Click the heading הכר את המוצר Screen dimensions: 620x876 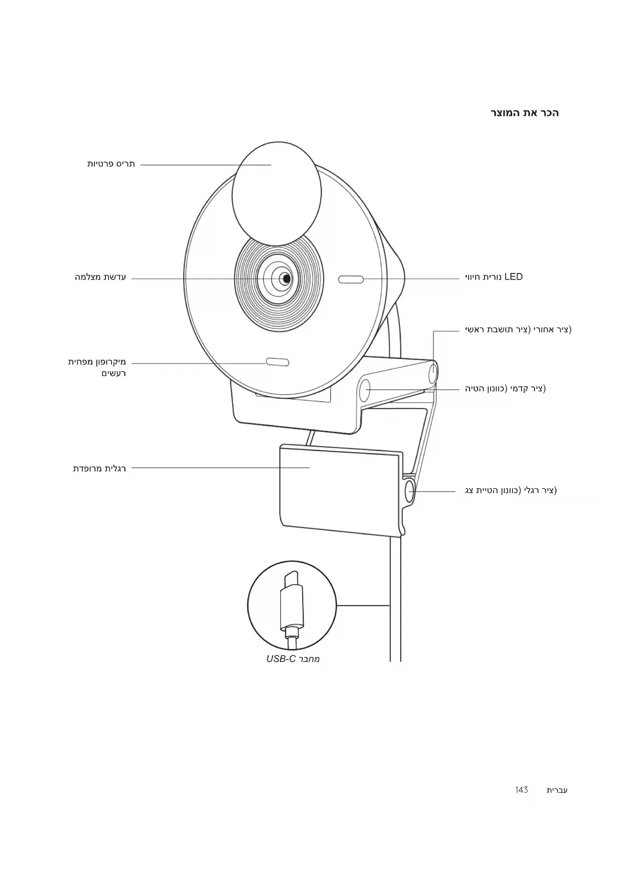524,113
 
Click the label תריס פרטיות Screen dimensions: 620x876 111,164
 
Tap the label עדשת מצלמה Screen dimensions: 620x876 100,277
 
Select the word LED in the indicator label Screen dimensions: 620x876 513,277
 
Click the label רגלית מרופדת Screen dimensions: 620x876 99,468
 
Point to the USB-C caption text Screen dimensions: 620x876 293,659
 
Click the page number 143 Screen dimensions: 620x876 521,790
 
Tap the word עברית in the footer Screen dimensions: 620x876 557,790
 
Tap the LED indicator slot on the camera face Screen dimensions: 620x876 351,279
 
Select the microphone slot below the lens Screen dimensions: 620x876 277,362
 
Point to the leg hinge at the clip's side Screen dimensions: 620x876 410,491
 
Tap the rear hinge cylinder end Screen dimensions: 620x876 433,373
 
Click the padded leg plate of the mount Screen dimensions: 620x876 340,489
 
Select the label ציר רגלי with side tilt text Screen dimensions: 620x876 511,490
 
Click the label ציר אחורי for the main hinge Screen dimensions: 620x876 518,330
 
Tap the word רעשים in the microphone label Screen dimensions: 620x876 113,374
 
